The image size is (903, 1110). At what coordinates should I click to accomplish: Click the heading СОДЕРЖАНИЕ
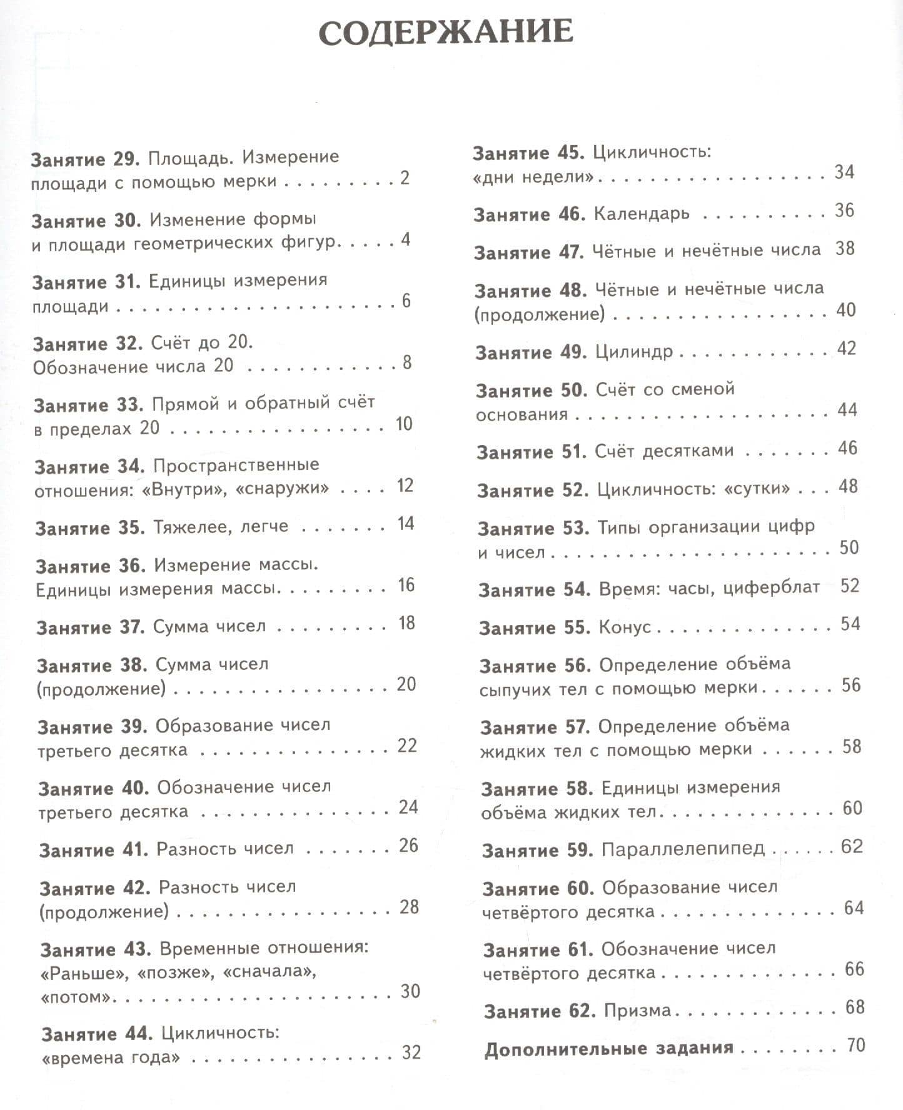click(x=445, y=32)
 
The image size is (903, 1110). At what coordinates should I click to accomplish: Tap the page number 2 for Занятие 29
click(x=405, y=178)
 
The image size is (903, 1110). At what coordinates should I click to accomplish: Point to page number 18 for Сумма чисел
click(x=406, y=623)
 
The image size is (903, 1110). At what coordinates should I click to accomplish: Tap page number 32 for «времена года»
click(x=411, y=1052)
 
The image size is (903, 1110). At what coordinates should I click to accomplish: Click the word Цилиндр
click(x=633, y=351)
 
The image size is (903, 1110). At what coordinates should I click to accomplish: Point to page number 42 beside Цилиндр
click(x=846, y=349)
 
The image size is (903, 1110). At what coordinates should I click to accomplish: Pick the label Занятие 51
click(x=531, y=451)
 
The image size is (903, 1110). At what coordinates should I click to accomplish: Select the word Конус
click(x=625, y=627)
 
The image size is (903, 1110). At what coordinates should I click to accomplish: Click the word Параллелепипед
click(x=683, y=849)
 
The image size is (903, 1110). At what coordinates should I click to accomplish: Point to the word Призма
click(x=637, y=1011)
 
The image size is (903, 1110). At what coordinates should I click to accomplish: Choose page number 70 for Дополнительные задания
click(x=855, y=1044)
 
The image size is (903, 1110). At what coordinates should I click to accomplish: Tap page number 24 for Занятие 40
click(x=408, y=807)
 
